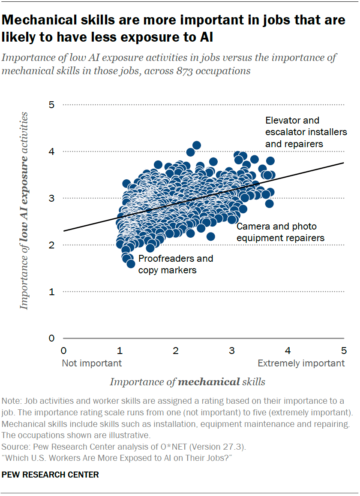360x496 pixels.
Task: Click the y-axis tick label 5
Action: (52, 105)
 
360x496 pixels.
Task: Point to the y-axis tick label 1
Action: (52, 292)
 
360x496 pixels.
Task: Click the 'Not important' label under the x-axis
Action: (92, 363)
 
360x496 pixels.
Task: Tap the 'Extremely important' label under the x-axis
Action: (301, 363)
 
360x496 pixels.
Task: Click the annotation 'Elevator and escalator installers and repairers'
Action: (300, 132)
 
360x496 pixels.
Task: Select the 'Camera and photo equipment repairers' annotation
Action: (281, 232)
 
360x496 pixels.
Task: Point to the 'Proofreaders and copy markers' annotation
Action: (175, 264)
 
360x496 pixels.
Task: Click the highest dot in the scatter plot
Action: (196, 145)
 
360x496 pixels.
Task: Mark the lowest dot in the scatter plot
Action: (131, 263)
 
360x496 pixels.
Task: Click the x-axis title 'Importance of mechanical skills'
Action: (187, 382)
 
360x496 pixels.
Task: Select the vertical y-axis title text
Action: (24, 210)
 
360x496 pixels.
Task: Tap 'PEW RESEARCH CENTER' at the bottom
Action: (50, 475)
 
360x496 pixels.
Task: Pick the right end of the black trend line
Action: (343, 163)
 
